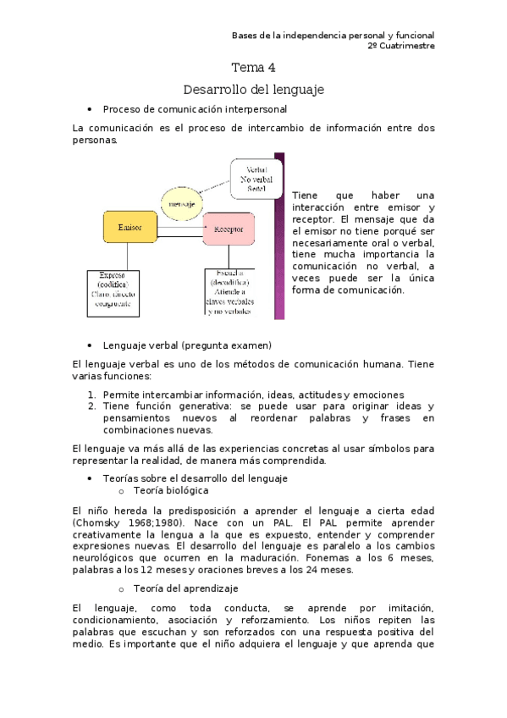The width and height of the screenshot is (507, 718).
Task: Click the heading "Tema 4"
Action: tap(253, 68)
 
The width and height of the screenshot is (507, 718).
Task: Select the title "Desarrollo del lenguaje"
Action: tap(253, 89)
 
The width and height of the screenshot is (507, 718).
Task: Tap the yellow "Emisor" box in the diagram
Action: tap(130, 229)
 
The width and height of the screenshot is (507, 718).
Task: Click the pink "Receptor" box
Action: tap(229, 229)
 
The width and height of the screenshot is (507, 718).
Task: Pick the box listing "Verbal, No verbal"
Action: tap(256, 179)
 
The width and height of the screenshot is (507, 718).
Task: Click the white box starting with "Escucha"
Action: tap(229, 293)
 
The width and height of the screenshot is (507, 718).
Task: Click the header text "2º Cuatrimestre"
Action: tap(401, 46)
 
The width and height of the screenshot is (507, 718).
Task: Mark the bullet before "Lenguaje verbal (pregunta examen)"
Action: tap(89, 345)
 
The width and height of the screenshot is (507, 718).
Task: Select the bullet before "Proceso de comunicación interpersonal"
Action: tap(89, 110)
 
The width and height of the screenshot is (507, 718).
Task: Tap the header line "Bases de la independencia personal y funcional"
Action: tap(333, 35)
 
